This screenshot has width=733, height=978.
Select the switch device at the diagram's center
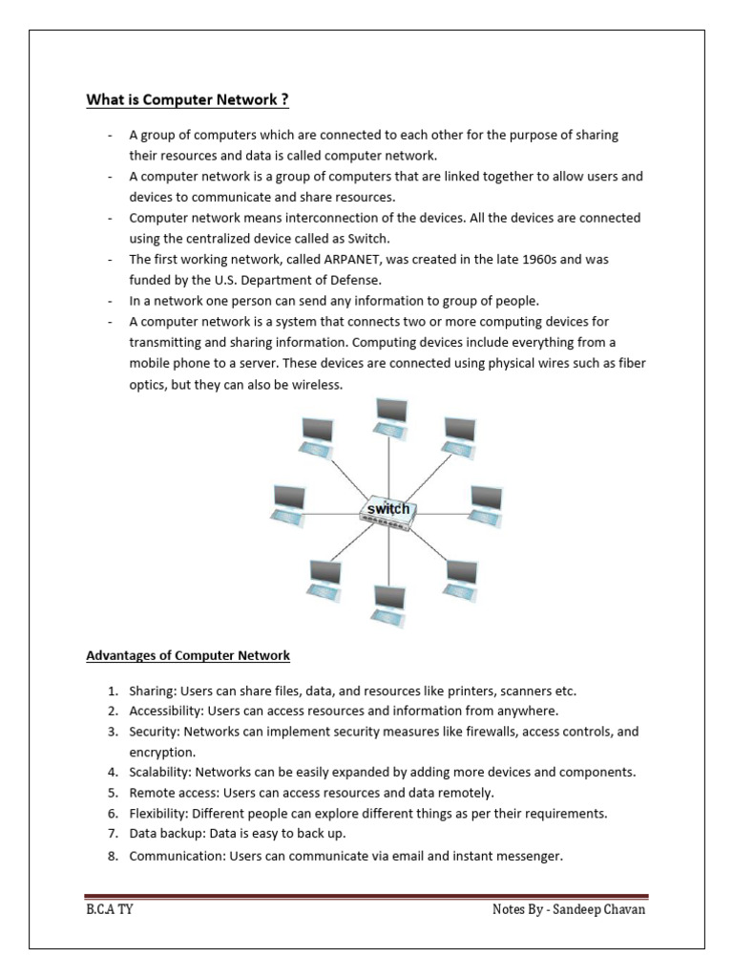pyautogui.click(x=388, y=512)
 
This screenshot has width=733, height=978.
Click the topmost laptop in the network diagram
pyautogui.click(x=390, y=415)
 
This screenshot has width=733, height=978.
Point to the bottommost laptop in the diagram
pyautogui.click(x=389, y=604)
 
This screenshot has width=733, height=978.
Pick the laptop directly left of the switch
pyautogui.click(x=287, y=504)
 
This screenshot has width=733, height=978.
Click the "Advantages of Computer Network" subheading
pyautogui.click(x=188, y=656)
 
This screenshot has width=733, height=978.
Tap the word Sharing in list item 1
pyautogui.click(x=153, y=691)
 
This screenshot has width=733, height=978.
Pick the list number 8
pyautogui.click(x=112, y=856)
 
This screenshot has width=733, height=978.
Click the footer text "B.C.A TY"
pyautogui.click(x=110, y=909)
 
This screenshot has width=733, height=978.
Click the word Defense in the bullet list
pyautogui.click(x=354, y=280)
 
